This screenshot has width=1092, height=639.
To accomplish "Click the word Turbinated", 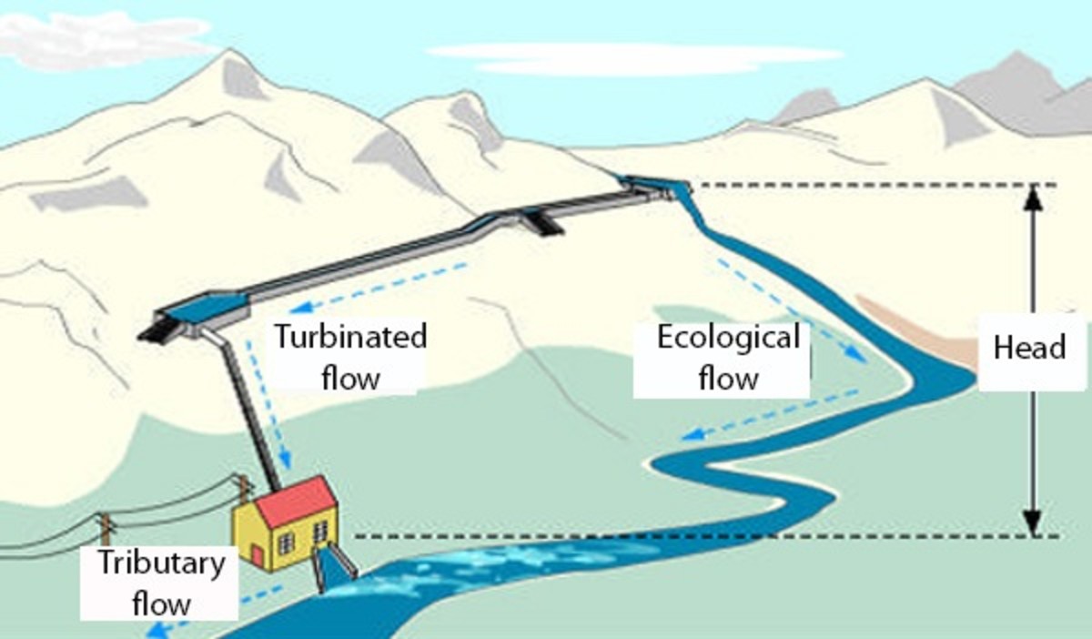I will click(x=351, y=337).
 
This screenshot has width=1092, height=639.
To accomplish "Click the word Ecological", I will click(x=728, y=338).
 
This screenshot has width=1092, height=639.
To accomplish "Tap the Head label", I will click(x=1029, y=348).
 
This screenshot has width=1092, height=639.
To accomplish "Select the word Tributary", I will click(x=161, y=563).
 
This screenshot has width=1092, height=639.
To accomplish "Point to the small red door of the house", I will click(x=258, y=554).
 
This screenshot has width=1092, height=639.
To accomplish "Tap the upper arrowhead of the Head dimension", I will click(x=1032, y=196).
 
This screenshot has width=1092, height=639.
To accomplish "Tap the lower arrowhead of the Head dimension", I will click(x=1032, y=525).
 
